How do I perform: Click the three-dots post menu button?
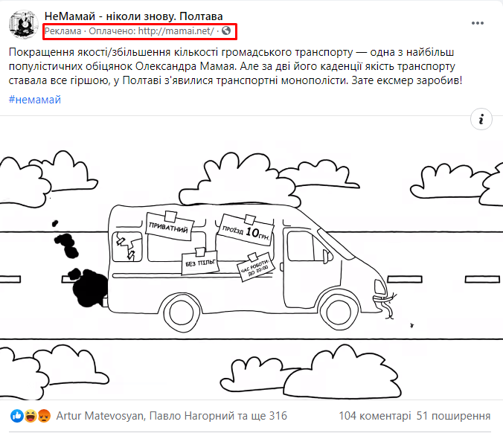(x=478, y=23)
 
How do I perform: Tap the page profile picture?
(x=23, y=25)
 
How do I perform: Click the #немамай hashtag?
(x=35, y=100)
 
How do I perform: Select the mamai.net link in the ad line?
(x=176, y=31)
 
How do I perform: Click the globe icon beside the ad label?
(x=226, y=31)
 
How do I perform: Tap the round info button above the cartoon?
(x=481, y=119)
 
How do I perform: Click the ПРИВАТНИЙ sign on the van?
(x=169, y=226)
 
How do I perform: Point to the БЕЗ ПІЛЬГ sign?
(x=200, y=262)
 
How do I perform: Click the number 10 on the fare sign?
(x=252, y=232)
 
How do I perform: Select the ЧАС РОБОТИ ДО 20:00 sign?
(x=255, y=268)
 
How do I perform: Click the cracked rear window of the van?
(x=127, y=246)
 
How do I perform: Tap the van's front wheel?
(x=339, y=312)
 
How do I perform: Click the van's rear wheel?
(x=182, y=312)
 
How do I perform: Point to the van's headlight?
(x=380, y=287)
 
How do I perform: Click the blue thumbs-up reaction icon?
(x=17, y=416)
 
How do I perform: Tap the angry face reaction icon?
(x=44, y=416)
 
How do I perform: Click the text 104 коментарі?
(x=375, y=416)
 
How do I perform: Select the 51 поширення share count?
(x=453, y=416)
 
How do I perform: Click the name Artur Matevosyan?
(x=100, y=416)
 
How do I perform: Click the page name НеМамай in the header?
(x=70, y=16)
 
